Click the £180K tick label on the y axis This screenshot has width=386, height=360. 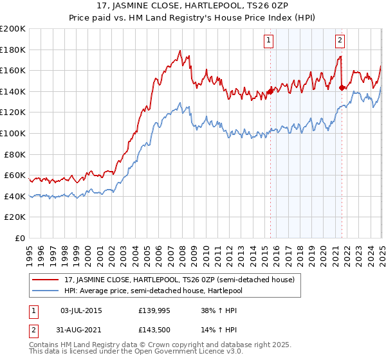(x=12, y=50)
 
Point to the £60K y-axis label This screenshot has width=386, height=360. (x=14, y=175)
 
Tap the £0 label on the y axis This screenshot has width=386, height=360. (x=21, y=238)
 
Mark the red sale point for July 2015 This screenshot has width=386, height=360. (x=270, y=91)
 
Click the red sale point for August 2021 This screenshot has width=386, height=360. (x=342, y=88)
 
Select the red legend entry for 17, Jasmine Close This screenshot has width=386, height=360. (x=179, y=280)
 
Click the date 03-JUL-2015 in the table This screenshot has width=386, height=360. (x=81, y=310)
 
